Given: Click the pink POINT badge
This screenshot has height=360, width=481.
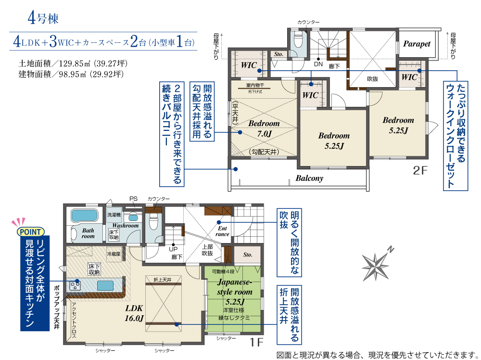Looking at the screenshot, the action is point(31,231).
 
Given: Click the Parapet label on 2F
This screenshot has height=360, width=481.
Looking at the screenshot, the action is point(417,44).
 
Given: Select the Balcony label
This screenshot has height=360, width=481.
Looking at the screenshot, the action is point(309,178).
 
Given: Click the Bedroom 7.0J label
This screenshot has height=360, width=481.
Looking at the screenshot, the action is point(264,129).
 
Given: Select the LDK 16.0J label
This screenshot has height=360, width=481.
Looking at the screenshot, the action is point(134,313).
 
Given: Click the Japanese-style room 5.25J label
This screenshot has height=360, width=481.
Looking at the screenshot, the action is point(235,292).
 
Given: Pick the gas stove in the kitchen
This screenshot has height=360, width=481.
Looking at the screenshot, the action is point(75,286).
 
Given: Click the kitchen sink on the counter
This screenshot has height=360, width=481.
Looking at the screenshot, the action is point(105,286).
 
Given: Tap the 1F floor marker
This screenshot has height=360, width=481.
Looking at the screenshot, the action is point(256,342).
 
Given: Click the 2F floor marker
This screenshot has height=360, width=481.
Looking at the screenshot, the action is point(420,170).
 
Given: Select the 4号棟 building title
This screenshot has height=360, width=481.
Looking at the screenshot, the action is point(43,18).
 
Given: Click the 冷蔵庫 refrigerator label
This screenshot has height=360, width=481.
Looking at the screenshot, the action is point(114,254).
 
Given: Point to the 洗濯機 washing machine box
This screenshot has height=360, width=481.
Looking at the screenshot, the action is point(114,215).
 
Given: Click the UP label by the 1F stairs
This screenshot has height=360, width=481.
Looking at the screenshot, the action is point(173,249).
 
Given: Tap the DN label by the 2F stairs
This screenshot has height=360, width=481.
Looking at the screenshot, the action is point(318,64).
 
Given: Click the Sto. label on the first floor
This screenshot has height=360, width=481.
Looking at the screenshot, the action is point(248,255).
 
